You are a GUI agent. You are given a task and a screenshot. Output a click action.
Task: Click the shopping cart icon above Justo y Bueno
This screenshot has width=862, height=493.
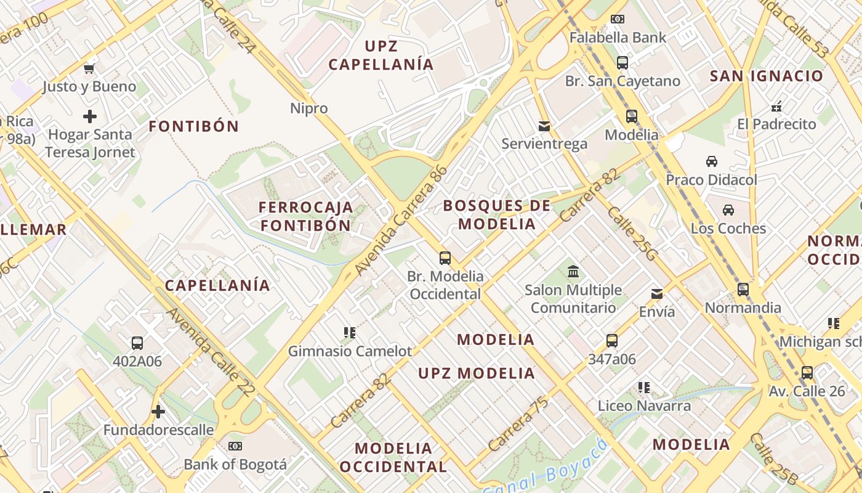[89, 68]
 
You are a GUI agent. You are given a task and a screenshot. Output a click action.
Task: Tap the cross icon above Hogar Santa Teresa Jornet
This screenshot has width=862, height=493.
[90, 116]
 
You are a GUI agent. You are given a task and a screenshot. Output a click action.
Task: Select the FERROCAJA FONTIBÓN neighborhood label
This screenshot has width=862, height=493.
[306, 216]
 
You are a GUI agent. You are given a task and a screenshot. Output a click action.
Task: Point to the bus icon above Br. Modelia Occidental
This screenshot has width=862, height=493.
[445, 258]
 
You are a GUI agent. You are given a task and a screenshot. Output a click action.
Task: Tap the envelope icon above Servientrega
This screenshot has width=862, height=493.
[544, 126]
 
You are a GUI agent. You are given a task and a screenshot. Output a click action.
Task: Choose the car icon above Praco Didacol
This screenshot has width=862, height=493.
[712, 161]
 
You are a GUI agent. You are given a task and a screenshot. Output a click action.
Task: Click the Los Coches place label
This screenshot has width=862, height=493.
[728, 228]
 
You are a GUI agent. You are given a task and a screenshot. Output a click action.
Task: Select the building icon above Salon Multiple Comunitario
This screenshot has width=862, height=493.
[573, 271]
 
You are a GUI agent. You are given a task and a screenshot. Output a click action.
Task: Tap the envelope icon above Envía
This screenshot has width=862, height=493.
[657, 294]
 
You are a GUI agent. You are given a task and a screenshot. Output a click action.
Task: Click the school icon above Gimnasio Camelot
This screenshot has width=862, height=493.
[350, 333]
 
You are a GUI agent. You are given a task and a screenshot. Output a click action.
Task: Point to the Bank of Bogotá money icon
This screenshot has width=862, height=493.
[235, 446]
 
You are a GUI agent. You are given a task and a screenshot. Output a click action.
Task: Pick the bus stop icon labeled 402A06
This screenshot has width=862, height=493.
[137, 343]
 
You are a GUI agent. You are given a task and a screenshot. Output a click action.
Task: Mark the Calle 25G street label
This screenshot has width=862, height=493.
[632, 234]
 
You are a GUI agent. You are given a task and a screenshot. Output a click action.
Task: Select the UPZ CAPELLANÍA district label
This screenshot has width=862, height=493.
[381, 55]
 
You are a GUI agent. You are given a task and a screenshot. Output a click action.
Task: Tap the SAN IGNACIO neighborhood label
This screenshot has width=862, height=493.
[767, 76]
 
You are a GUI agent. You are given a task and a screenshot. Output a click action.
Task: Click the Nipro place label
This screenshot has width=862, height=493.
[309, 108]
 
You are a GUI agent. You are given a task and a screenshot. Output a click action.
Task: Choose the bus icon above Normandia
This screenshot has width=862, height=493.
[743, 290]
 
